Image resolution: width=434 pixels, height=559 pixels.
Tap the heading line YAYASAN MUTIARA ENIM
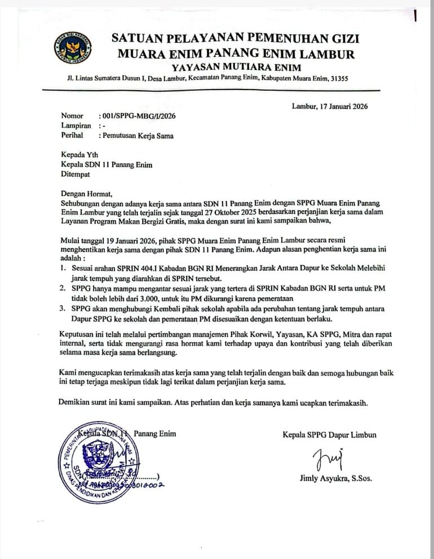(236, 68)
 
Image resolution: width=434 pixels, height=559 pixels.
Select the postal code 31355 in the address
(338, 79)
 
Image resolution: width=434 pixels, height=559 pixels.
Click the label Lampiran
(76, 126)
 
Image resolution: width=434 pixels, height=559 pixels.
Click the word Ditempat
(77, 175)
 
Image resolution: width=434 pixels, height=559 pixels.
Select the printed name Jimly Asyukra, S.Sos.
(336, 479)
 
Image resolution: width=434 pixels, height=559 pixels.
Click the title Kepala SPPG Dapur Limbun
(330, 435)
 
